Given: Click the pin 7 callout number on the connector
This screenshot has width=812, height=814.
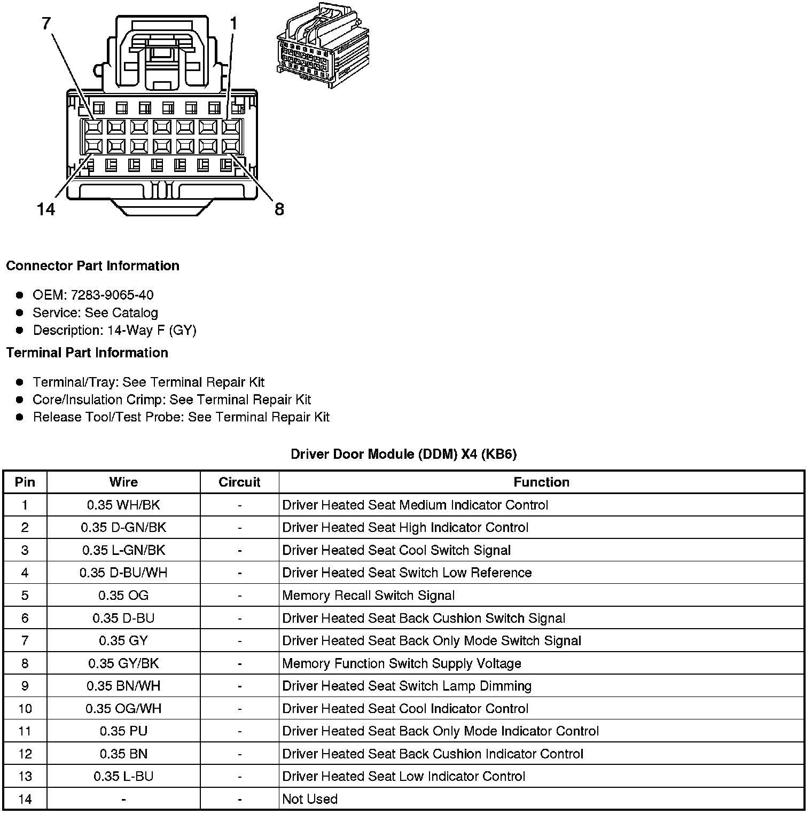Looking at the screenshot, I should tap(46, 24).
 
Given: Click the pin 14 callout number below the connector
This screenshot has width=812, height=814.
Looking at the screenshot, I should tap(46, 209).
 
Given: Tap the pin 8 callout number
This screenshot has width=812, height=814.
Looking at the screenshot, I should tap(279, 209).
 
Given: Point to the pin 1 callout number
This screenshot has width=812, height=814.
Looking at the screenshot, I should tap(233, 24).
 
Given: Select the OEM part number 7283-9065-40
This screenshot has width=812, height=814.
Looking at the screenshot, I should tap(112, 295).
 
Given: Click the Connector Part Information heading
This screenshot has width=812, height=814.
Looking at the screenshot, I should tap(92, 266).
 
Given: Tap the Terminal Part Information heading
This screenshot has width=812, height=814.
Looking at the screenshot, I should tap(87, 353).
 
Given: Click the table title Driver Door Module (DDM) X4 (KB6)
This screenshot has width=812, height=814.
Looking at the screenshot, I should tap(403, 454).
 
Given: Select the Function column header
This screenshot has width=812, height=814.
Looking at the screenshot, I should tap(541, 482).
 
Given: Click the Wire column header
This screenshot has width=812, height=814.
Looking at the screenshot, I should tap(123, 482).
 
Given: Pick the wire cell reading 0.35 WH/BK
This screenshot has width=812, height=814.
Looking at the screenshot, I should tap(123, 505).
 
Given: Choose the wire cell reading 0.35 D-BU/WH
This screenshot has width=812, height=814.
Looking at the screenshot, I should tap(123, 573).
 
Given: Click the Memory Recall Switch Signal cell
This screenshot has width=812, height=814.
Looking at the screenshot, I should tap(368, 596).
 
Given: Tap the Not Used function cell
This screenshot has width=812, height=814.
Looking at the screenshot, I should tap(310, 799).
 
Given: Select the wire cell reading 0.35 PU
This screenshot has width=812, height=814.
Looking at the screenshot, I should tap(123, 731).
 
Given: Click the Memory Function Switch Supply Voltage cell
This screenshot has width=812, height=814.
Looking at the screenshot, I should tap(401, 663).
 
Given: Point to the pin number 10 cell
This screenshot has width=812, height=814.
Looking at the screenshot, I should tap(25, 709).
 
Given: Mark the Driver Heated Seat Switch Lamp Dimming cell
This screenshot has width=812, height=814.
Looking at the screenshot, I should tap(407, 686).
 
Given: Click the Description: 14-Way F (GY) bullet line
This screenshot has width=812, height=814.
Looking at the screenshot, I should tap(114, 330).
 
